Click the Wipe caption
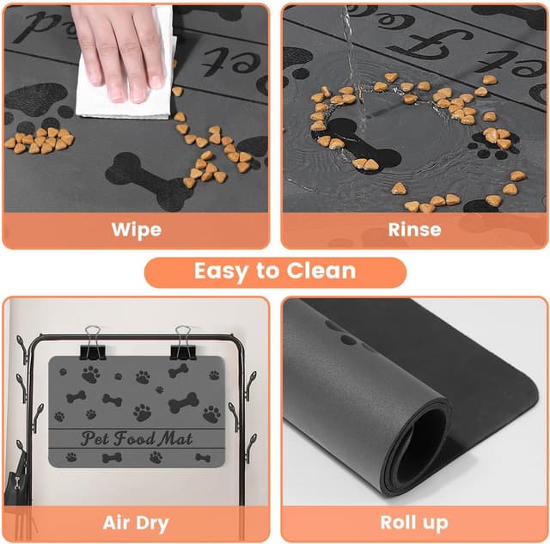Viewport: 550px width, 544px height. tap(136, 229)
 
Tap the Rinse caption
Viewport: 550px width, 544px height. tap(414, 229)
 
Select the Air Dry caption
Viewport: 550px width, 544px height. tap(136, 523)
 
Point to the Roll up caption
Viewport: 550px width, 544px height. tap(414, 523)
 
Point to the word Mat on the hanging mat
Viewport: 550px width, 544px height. tap(178, 438)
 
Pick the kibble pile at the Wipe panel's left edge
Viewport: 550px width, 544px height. tap(39, 140)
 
